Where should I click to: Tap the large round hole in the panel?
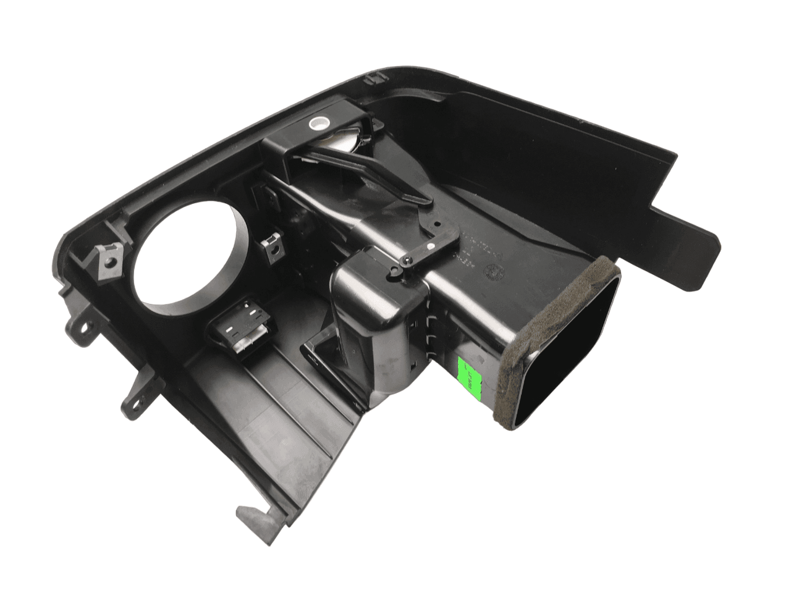pyautogui.click(x=186, y=254)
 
